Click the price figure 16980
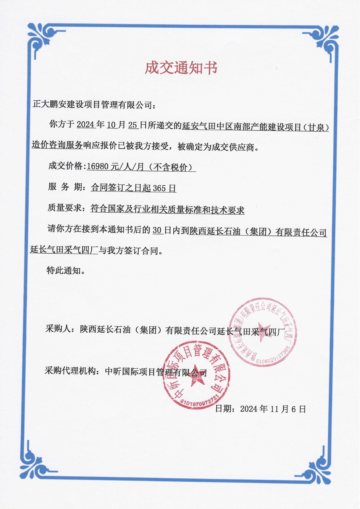point(98,167)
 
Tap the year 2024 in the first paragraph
point(86,125)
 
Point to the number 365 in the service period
point(159,188)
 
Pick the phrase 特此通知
point(64,271)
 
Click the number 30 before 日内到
point(157,230)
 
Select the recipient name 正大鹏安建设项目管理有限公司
point(92,104)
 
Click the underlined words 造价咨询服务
point(57,145)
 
